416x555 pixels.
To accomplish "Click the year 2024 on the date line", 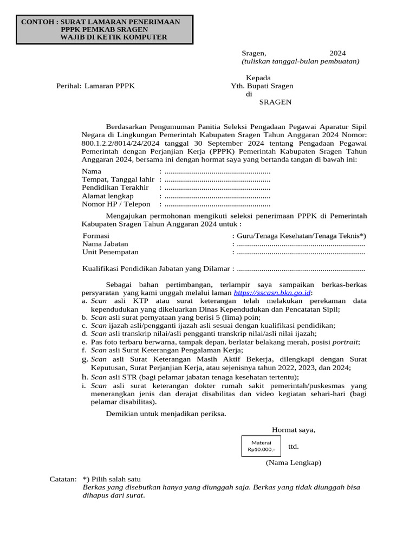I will (x=337, y=53).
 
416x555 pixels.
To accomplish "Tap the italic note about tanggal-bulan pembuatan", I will (x=300, y=61).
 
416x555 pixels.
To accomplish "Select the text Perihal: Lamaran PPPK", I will (x=95, y=86).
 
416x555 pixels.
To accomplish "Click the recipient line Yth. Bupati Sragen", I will (x=263, y=86).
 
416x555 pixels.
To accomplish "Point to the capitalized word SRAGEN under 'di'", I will (x=275, y=102).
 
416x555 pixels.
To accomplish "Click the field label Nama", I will (x=92, y=171).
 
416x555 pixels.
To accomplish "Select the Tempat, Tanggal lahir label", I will (x=118, y=179).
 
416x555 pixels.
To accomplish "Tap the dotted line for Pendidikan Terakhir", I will (x=217, y=188).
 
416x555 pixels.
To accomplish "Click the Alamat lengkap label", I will (x=107, y=196).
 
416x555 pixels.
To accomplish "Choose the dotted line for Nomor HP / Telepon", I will (x=217, y=204).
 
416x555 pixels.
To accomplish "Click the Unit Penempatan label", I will (x=110, y=252).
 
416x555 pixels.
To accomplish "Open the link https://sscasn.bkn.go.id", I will (x=272, y=293).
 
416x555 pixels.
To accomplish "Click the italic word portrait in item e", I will (x=344, y=342).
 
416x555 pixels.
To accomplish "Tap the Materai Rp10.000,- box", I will (x=261, y=446).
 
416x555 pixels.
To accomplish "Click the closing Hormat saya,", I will (x=293, y=430).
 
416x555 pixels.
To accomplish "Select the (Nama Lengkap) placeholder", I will (x=293, y=463).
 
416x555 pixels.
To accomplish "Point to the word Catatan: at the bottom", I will (x=63, y=479).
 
